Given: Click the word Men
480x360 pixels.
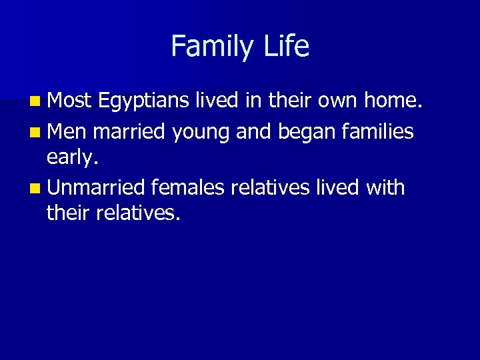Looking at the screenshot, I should pos(68,131).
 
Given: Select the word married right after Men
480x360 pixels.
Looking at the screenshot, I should pos(130,131).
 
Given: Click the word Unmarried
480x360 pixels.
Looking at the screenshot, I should pos(97,187).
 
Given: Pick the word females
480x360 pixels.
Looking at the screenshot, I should pos(189,187).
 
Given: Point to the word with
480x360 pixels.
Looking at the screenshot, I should pos(385,187).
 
